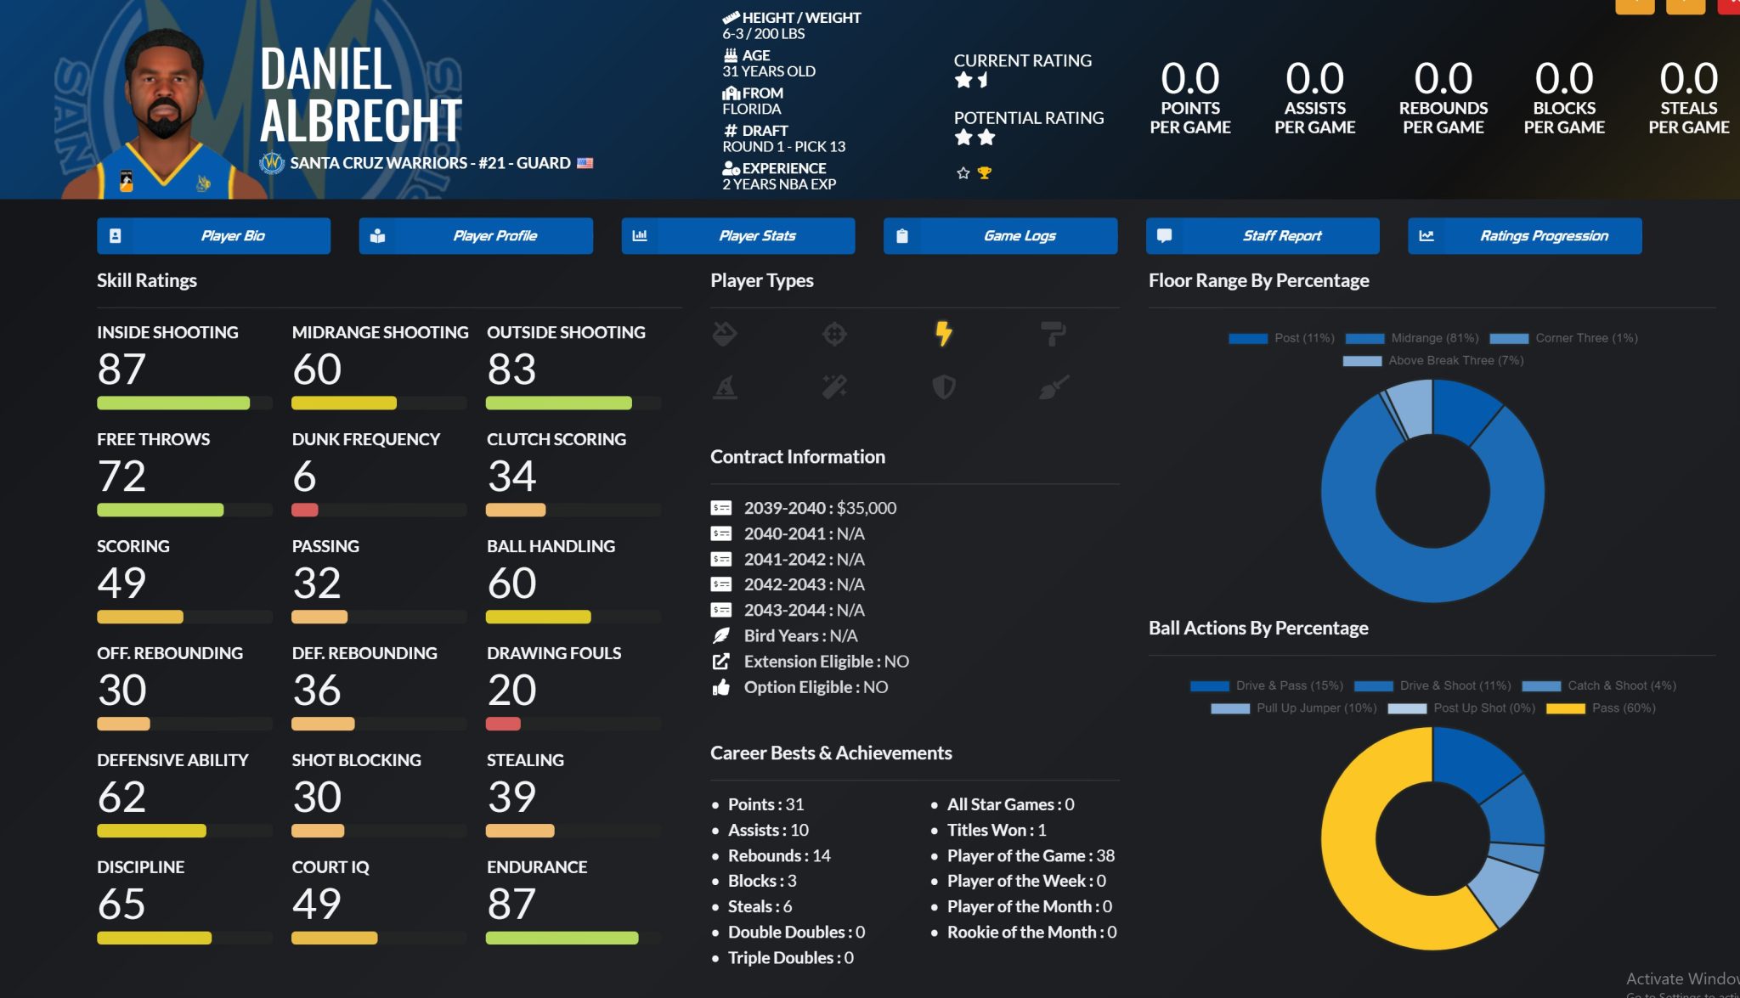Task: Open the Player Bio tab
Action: (213, 236)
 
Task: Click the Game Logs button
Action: (1000, 236)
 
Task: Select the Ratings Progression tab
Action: (1524, 236)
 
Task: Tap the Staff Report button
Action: (1263, 236)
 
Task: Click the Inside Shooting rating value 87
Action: (121, 369)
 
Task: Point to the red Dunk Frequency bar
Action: (305, 510)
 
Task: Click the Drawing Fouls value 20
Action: (511, 690)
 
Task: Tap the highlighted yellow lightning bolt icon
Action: (943, 333)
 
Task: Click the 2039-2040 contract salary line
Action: (820, 508)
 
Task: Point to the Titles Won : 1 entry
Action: (996, 830)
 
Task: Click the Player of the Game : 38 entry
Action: (1030, 855)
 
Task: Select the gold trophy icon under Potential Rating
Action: (985, 173)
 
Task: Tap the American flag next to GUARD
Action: (585, 163)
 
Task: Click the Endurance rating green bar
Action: (562, 938)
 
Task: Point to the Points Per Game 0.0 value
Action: (1189, 79)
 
